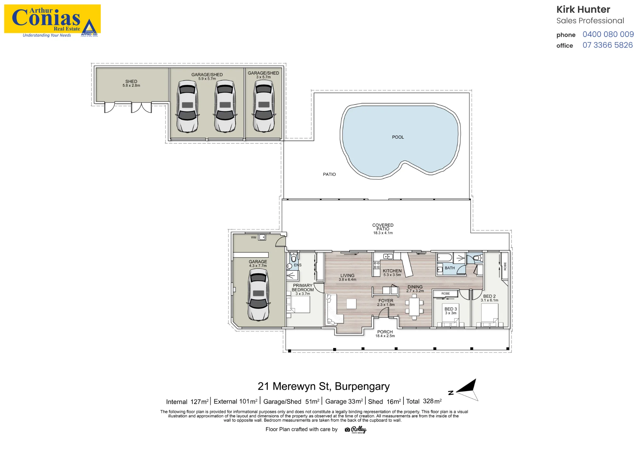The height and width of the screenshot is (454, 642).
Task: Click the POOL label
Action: pyautogui.click(x=398, y=137)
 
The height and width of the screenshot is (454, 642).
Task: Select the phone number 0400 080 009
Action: pyautogui.click(x=608, y=34)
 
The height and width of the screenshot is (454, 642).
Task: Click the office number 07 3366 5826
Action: pyautogui.click(x=608, y=45)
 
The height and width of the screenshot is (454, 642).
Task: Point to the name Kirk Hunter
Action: pyautogui.click(x=583, y=10)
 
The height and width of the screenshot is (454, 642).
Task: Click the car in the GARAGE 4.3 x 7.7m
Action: pyautogui.click(x=258, y=295)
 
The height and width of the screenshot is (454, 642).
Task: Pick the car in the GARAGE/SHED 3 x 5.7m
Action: pyautogui.click(x=264, y=106)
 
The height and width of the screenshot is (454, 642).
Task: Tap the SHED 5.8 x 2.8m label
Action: pyautogui.click(x=131, y=83)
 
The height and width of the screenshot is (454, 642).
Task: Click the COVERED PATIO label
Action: pyautogui.click(x=383, y=229)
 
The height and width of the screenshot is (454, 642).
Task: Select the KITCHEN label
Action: pyautogui.click(x=392, y=271)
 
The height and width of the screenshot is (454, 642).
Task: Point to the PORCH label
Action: pyautogui.click(x=385, y=332)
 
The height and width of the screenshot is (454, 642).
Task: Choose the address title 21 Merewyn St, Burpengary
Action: pyautogui.click(x=324, y=386)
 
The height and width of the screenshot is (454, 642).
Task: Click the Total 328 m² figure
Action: pyautogui.click(x=424, y=401)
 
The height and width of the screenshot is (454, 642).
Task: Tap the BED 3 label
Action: pyautogui.click(x=451, y=309)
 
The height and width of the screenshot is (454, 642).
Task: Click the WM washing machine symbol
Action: pyautogui.click(x=262, y=237)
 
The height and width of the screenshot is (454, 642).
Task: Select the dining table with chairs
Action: pyautogui.click(x=414, y=307)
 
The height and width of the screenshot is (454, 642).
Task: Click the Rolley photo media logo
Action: pyautogui.click(x=356, y=430)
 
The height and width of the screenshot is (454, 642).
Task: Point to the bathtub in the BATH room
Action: pyautogui.click(x=445, y=258)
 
